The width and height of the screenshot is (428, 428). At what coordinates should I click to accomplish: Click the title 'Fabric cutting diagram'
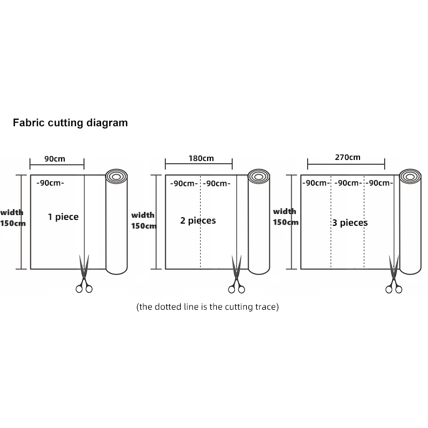point(70,123)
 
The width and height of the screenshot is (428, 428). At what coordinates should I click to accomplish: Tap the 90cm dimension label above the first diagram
point(55,158)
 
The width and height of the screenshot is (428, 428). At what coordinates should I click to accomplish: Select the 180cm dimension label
point(201,158)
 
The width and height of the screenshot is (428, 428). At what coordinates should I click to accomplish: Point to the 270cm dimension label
point(347,157)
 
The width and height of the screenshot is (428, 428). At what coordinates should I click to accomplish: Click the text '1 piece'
point(63,217)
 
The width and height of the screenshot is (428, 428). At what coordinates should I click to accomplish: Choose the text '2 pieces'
point(198,220)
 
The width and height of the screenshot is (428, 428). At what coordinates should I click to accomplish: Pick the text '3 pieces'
point(350,223)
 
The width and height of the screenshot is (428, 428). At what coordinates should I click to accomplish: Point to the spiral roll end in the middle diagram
point(259,177)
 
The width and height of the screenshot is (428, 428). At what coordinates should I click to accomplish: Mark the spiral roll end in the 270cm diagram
point(410,176)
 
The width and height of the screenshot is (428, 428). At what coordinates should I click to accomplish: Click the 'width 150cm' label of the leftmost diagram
point(12,217)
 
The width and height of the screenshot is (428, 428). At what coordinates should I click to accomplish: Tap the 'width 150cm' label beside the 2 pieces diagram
point(143,220)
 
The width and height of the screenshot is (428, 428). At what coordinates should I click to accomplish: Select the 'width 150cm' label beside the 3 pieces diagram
point(285,217)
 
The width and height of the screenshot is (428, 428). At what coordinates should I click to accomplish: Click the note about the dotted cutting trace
point(208,307)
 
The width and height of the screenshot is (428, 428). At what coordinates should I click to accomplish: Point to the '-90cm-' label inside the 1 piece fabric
point(50,183)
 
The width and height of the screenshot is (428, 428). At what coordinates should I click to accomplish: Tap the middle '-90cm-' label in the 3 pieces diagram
point(347,183)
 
